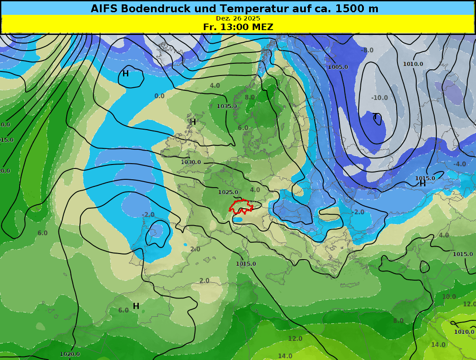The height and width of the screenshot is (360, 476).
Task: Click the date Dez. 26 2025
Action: point(238,18)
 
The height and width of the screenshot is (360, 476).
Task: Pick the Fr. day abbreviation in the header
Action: point(211,27)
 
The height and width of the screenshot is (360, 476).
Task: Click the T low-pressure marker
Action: point(375,117)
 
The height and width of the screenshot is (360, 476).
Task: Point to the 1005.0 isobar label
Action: point(338,67)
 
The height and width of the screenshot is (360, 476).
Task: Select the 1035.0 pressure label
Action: point(227,106)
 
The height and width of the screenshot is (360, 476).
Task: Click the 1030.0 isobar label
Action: point(191,162)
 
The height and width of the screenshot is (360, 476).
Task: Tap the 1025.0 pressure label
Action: point(228,192)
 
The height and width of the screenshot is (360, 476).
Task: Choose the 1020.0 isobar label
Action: point(70,354)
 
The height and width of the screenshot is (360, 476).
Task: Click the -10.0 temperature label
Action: point(379,98)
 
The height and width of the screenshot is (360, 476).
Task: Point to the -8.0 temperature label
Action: point(367,50)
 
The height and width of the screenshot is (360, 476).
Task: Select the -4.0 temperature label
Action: point(459,164)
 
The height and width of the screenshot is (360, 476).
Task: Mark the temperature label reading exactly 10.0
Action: point(449,297)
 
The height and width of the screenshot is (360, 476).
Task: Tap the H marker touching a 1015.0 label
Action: point(422,184)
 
